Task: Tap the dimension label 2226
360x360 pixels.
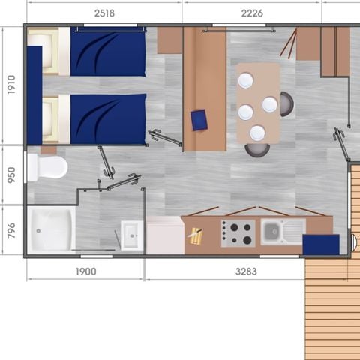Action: [252, 13]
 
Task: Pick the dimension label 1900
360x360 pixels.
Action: [86, 271]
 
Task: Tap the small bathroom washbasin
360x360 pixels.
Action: [131, 234]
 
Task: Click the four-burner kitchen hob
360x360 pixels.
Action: [238, 232]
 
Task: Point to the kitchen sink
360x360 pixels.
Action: [283, 231]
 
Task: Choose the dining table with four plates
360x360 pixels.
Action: [257, 103]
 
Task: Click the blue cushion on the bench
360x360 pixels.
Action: [199, 120]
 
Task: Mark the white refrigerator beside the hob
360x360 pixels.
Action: [165, 235]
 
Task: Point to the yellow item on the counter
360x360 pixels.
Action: [195, 236]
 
